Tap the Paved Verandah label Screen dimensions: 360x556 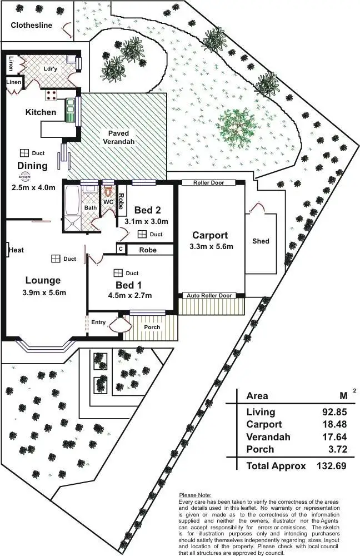click(x=119, y=137)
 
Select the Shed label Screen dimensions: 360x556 click(x=261, y=241)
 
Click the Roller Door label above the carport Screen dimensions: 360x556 click(x=208, y=183)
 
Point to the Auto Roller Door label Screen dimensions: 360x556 click(x=208, y=295)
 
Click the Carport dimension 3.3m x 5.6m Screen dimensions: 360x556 click(x=212, y=247)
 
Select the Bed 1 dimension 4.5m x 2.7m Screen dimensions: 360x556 click(x=130, y=295)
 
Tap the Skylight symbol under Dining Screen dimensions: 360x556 click(x=25, y=177)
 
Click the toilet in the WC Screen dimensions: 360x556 click(x=108, y=192)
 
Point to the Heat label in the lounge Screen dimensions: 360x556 click(x=16, y=250)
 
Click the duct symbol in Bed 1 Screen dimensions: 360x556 click(x=118, y=273)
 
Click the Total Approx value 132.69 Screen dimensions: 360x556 click(x=331, y=466)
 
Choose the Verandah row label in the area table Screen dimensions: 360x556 click(x=268, y=437)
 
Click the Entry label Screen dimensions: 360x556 click(x=98, y=322)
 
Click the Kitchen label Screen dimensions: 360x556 click(x=41, y=112)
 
